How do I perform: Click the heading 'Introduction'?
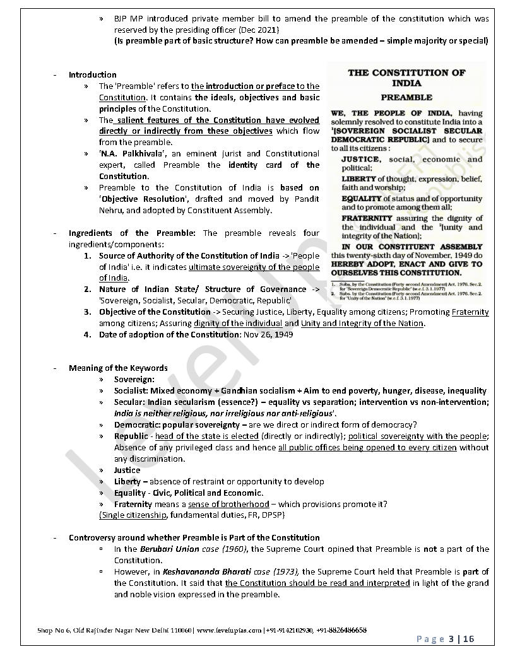point(92,74)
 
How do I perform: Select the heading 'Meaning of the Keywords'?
point(118,368)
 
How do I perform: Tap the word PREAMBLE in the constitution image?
point(406,98)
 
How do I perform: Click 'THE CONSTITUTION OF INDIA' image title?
point(406,78)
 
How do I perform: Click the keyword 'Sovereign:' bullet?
point(134,380)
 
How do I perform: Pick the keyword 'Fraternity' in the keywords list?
point(133,504)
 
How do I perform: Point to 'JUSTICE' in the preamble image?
point(360,160)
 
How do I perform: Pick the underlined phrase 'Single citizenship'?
point(133,515)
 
